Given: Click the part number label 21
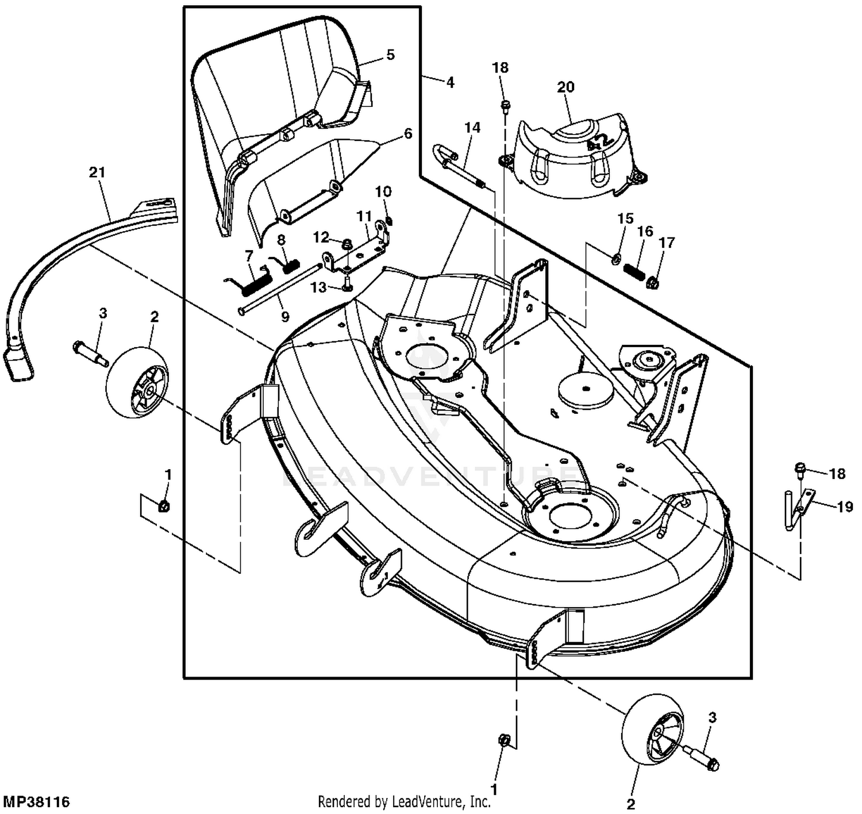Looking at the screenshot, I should point(98,172).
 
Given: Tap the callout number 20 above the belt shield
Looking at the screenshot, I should point(565,87).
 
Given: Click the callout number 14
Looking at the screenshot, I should point(472,127).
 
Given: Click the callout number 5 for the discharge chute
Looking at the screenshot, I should point(390,55).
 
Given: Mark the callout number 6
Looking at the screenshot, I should point(407,133).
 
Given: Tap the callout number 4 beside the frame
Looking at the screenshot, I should point(449,82).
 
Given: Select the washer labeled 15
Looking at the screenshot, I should point(615,259).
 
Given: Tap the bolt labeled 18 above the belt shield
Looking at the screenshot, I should point(505,106).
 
